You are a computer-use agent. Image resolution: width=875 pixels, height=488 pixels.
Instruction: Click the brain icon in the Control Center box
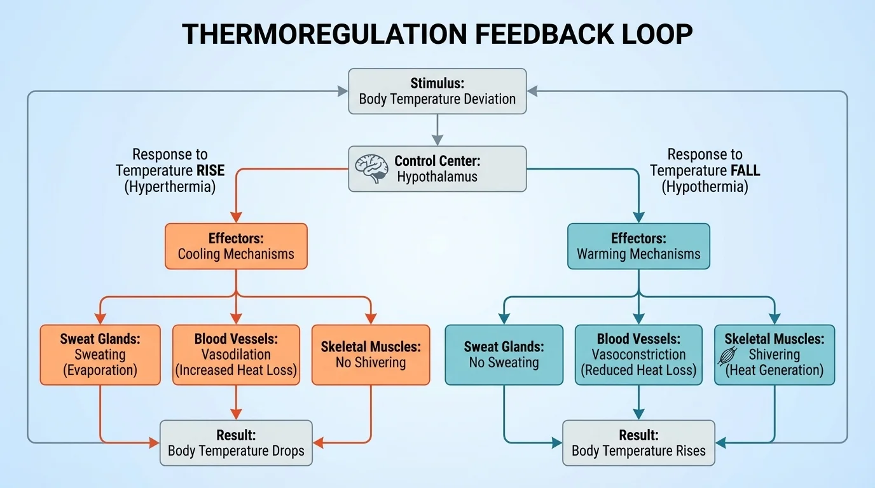[x=371, y=169]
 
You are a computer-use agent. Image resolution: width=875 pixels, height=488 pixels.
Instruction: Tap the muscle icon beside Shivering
[x=726, y=355]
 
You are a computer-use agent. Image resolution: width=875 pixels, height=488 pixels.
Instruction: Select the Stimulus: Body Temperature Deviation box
[x=437, y=91]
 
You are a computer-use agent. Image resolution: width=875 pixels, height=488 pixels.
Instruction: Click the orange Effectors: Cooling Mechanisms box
[x=236, y=247]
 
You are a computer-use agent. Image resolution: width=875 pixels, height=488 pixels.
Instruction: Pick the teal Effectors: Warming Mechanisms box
[x=638, y=247]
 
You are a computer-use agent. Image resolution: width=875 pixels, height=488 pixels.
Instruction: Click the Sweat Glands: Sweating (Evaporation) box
[x=100, y=355]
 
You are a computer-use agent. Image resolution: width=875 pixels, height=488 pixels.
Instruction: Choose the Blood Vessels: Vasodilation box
[x=236, y=355]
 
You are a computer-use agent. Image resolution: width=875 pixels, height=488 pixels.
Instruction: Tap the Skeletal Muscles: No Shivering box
[x=370, y=355]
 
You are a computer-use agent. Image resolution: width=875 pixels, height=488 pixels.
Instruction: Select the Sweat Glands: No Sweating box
[x=504, y=355]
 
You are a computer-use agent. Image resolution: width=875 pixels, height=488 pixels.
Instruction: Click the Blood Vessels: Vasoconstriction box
[x=638, y=355]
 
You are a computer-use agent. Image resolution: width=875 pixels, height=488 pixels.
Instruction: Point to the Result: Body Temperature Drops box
[x=236, y=443]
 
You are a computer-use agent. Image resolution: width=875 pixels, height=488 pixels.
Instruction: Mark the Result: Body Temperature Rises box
[x=638, y=443]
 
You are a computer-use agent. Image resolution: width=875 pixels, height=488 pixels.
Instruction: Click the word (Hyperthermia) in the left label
[x=170, y=187]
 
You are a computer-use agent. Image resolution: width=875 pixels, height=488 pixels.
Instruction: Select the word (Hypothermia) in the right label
[x=705, y=187]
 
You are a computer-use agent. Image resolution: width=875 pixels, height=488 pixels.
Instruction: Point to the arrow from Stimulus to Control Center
[x=437, y=130]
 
